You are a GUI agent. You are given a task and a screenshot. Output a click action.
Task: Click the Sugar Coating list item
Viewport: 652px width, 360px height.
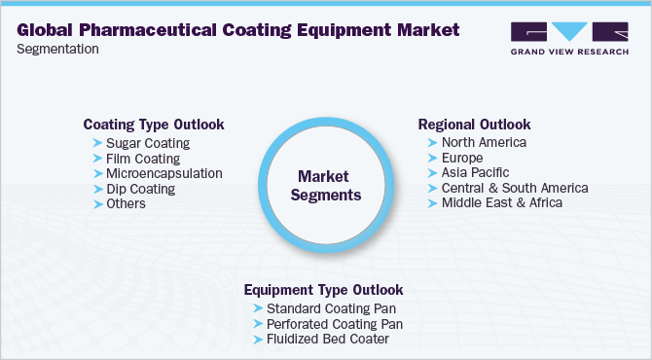point(147,143)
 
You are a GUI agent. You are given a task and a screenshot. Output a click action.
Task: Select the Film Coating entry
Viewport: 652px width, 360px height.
point(142,159)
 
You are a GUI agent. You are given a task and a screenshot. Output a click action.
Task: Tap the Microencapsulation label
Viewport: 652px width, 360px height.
point(163,173)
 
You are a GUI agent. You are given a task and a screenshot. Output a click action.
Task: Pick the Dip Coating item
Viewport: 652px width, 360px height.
point(140,189)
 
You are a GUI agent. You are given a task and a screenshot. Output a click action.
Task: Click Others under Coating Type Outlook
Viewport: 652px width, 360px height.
point(127,203)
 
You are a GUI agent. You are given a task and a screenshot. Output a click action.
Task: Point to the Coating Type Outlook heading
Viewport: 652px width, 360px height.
point(154,125)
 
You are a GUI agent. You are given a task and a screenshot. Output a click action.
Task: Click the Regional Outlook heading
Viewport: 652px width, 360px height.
point(474,125)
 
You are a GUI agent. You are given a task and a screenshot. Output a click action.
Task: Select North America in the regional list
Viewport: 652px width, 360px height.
point(484,143)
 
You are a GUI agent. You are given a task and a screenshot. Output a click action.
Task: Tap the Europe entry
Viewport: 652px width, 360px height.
point(463,159)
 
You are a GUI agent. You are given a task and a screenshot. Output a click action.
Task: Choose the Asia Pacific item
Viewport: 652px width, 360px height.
point(475,173)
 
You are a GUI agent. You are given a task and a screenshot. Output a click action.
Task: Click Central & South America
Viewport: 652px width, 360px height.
point(514,188)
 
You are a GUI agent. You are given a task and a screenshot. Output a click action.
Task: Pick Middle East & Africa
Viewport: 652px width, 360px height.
point(501,203)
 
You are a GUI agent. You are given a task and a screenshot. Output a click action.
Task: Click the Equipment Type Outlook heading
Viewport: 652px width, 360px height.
point(323,290)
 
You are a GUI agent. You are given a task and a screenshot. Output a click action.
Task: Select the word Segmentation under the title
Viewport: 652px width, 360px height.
point(57,49)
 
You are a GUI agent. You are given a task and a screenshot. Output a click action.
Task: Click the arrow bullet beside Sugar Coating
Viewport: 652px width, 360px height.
point(97,144)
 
